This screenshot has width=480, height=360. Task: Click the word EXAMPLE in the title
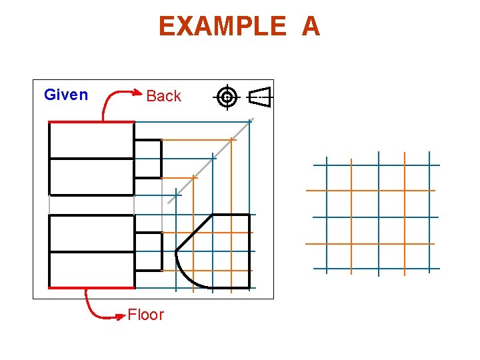coord(222,27)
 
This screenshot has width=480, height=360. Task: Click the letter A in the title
coord(311,27)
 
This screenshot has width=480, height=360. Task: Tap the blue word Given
coord(66,95)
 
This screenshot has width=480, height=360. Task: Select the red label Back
coord(163,96)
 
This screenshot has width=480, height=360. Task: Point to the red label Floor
coord(145,315)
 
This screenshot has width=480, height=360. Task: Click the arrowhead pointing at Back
coord(138,94)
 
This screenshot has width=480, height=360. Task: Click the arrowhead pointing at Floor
coord(119,316)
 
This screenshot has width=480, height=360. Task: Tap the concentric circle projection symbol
coord(227,97)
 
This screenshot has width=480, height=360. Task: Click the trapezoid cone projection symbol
coord(261,97)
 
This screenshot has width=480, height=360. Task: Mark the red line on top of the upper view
coord(91,122)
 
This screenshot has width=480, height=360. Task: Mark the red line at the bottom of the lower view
coord(91,288)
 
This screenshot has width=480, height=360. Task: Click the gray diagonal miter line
coord(210,161)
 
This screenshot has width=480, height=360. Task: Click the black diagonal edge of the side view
coord(194,233)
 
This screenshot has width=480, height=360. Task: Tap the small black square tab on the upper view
coord(148,159)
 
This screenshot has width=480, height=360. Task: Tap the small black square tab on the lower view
coord(148,251)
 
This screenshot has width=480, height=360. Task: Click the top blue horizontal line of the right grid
coord(377,165)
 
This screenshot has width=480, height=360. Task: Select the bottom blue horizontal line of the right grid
coord(377,269)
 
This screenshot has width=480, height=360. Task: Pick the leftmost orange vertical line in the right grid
coord(351,217)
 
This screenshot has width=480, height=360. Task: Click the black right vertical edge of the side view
coord(250,251)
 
